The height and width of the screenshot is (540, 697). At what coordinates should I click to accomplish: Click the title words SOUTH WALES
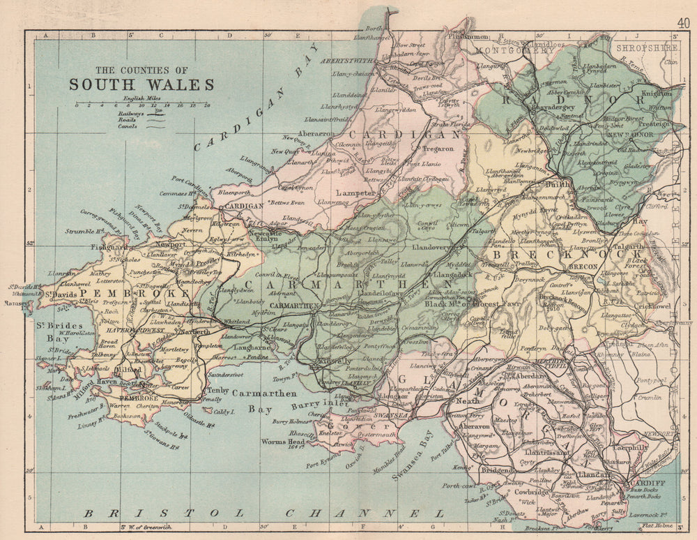point(141,84)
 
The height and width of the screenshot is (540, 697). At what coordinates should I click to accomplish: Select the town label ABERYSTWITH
point(347,61)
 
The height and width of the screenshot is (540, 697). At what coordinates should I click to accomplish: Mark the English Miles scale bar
point(143,105)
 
